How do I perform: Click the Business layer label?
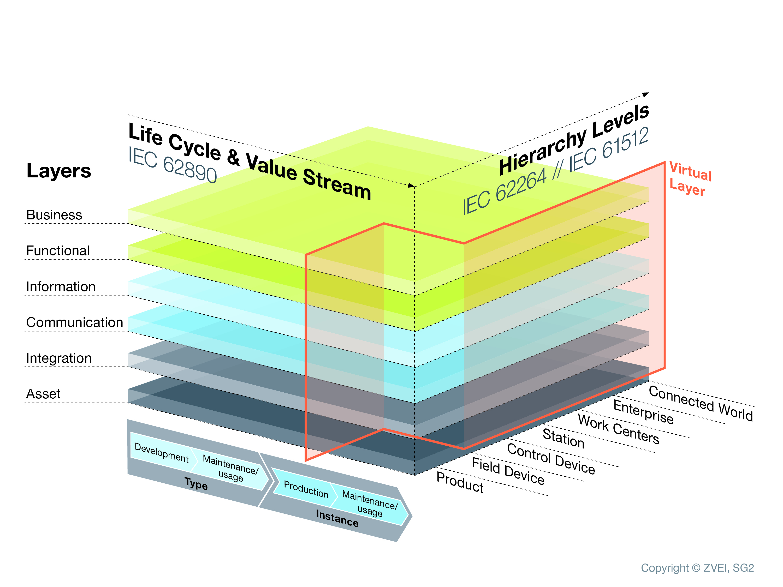pyautogui.click(x=54, y=215)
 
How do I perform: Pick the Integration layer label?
pyautogui.click(x=59, y=358)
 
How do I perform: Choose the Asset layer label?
pyautogui.click(x=43, y=394)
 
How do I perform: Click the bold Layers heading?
pyautogui.click(x=59, y=171)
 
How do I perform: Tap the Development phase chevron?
pyautogui.click(x=161, y=453)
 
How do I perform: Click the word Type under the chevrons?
pyautogui.click(x=196, y=484)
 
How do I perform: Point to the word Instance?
pyautogui.click(x=337, y=518)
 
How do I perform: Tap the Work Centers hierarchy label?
pyautogui.click(x=618, y=429)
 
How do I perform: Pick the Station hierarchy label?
pyautogui.click(x=563, y=438)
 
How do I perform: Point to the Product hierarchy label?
pyautogui.click(x=460, y=482)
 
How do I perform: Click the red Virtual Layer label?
pyautogui.click(x=690, y=179)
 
